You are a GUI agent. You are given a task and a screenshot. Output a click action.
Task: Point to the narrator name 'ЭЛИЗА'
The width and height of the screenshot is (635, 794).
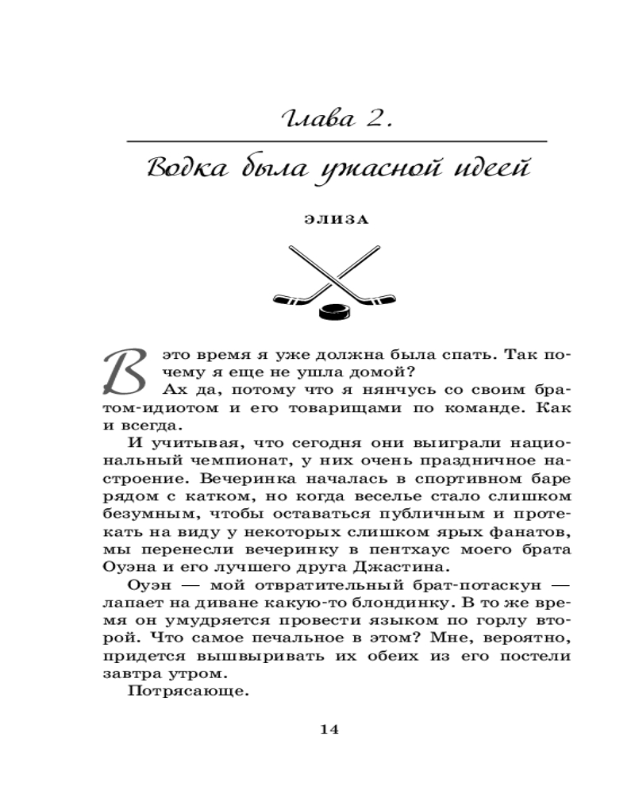click(x=337, y=222)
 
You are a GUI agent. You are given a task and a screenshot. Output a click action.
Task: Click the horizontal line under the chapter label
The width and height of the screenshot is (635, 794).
click(x=337, y=141)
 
